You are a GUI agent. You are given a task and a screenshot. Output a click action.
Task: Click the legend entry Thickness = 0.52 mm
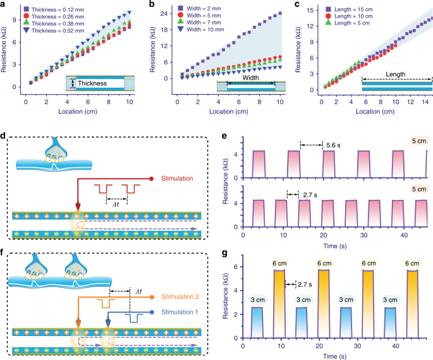point(54,30)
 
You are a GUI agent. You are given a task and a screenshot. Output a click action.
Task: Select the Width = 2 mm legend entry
point(199,9)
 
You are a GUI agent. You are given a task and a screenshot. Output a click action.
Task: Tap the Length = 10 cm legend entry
point(349,16)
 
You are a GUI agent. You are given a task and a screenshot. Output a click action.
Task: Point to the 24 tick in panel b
point(164,13)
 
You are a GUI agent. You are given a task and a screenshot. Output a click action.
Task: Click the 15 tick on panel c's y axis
point(310,10)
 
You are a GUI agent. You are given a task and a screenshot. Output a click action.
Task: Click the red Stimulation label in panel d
point(177,179)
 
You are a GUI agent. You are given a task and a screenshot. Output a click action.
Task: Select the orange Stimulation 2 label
point(180,297)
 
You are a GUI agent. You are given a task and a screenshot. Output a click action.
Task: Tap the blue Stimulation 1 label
point(180,312)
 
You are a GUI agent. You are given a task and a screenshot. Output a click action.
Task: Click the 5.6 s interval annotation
point(333,145)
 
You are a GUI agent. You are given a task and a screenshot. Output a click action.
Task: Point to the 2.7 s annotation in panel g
point(305,284)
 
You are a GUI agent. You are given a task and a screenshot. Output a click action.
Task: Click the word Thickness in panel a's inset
point(92,83)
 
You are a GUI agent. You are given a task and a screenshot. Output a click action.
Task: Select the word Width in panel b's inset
point(250,78)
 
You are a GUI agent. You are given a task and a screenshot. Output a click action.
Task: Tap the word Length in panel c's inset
point(396,74)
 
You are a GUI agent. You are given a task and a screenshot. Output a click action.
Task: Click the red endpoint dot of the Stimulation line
point(151,179)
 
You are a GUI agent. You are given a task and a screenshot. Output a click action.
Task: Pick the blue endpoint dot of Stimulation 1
point(152,312)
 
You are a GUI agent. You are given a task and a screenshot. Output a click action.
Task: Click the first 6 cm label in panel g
point(279,263)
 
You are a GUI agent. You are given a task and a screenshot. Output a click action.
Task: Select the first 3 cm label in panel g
point(258,300)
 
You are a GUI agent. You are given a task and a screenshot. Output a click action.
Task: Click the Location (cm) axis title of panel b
point(229,111)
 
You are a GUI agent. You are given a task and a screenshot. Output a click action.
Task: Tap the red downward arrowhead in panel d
point(78,207)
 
